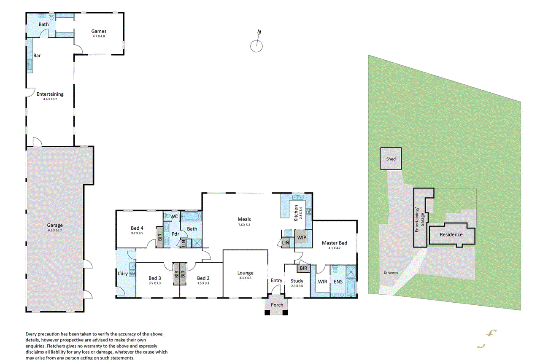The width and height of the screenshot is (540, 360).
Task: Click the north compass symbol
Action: [x=256, y=46]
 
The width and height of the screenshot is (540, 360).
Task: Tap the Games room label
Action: [x=100, y=31]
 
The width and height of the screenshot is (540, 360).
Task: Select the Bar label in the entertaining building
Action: [x=37, y=55]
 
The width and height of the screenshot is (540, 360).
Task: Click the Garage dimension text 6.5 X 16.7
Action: [x=55, y=231]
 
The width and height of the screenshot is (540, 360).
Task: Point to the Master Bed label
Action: [x=335, y=243]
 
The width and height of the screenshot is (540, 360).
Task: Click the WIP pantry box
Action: [x=301, y=238]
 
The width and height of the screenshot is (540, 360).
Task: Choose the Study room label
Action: [x=297, y=281]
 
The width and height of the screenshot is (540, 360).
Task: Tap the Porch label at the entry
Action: [x=277, y=305]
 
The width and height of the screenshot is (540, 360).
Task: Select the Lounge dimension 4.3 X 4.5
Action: [x=245, y=278]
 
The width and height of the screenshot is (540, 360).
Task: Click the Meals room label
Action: [x=244, y=219]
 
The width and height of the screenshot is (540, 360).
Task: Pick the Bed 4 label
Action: [x=137, y=228]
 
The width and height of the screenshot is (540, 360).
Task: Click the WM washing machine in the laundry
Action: [x=132, y=274]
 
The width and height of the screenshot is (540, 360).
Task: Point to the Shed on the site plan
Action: [x=391, y=159]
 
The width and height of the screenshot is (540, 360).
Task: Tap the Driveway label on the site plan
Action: [x=391, y=273]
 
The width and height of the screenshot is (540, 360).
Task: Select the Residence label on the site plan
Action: [x=451, y=235]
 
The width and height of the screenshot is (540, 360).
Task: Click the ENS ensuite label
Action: [x=338, y=281]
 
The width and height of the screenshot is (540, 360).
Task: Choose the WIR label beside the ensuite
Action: [x=322, y=281]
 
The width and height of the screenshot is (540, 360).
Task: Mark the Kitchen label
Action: [x=296, y=213]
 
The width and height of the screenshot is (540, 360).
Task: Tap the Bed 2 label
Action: [x=203, y=278]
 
